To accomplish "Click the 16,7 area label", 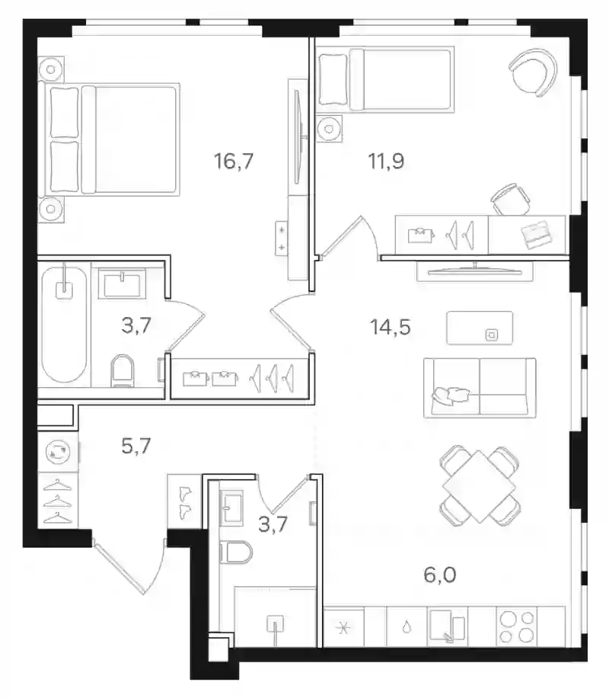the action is (234, 161).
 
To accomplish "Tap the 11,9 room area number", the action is (386, 161).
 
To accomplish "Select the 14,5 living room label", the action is (390, 327).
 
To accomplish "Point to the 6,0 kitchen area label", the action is (439, 575).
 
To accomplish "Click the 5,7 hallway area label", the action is (136, 446).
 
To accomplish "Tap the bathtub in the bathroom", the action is (64, 325).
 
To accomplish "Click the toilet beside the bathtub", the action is (123, 371).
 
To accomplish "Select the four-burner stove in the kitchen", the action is (516, 627).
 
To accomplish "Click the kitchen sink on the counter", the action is (448, 627).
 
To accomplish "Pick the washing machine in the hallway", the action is (58, 452).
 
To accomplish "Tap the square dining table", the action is (479, 486).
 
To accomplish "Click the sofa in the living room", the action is (480, 387).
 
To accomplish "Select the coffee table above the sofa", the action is (480, 328).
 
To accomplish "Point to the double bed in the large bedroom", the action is (109, 139).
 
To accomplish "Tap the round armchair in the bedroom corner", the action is (533, 71).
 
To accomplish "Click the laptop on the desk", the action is (537, 234).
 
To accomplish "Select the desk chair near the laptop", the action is (511, 200).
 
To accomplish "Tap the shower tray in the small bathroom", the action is (276, 616).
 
